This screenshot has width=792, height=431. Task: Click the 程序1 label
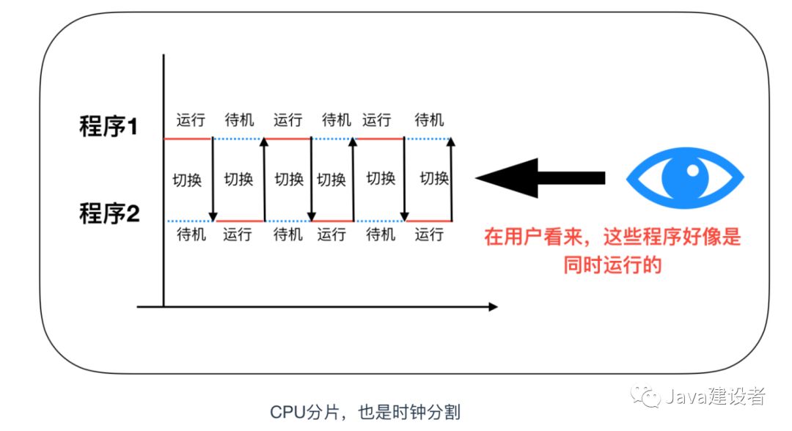tap(109, 127)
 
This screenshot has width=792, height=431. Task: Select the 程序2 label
tap(109, 214)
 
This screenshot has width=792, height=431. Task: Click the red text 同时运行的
tap(612, 264)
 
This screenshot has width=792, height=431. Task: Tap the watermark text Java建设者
tap(714, 397)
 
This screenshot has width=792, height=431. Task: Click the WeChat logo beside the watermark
tap(650, 397)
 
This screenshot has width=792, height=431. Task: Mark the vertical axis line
tap(164, 183)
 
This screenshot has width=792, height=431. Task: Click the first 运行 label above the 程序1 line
tap(191, 119)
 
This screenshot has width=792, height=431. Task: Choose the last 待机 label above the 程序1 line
tap(429, 119)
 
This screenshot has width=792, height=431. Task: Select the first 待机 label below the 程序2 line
tap(191, 235)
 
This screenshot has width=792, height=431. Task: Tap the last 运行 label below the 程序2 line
tap(429, 235)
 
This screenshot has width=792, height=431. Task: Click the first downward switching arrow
tap(213, 180)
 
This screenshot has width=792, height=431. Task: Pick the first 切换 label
tap(187, 179)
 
